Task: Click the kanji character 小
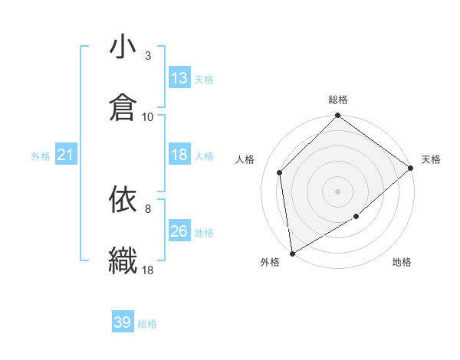[x=122, y=47]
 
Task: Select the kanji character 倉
[x=122, y=107]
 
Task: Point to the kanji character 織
[x=122, y=260]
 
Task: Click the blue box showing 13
[x=179, y=78]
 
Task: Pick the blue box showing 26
[x=179, y=231]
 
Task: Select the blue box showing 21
[x=65, y=155]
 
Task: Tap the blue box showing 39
[x=122, y=322]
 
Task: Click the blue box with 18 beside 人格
[x=179, y=155]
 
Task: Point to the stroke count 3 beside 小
[x=148, y=56]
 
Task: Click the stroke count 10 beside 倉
[x=148, y=116]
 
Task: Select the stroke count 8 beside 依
[x=148, y=208]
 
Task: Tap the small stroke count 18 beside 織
[x=148, y=270]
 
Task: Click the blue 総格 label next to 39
[x=147, y=324]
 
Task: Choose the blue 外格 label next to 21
[x=41, y=156]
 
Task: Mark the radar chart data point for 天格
[x=411, y=168]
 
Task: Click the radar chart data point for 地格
[x=356, y=217]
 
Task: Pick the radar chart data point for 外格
[x=291, y=254]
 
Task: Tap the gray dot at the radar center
[x=337, y=191]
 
